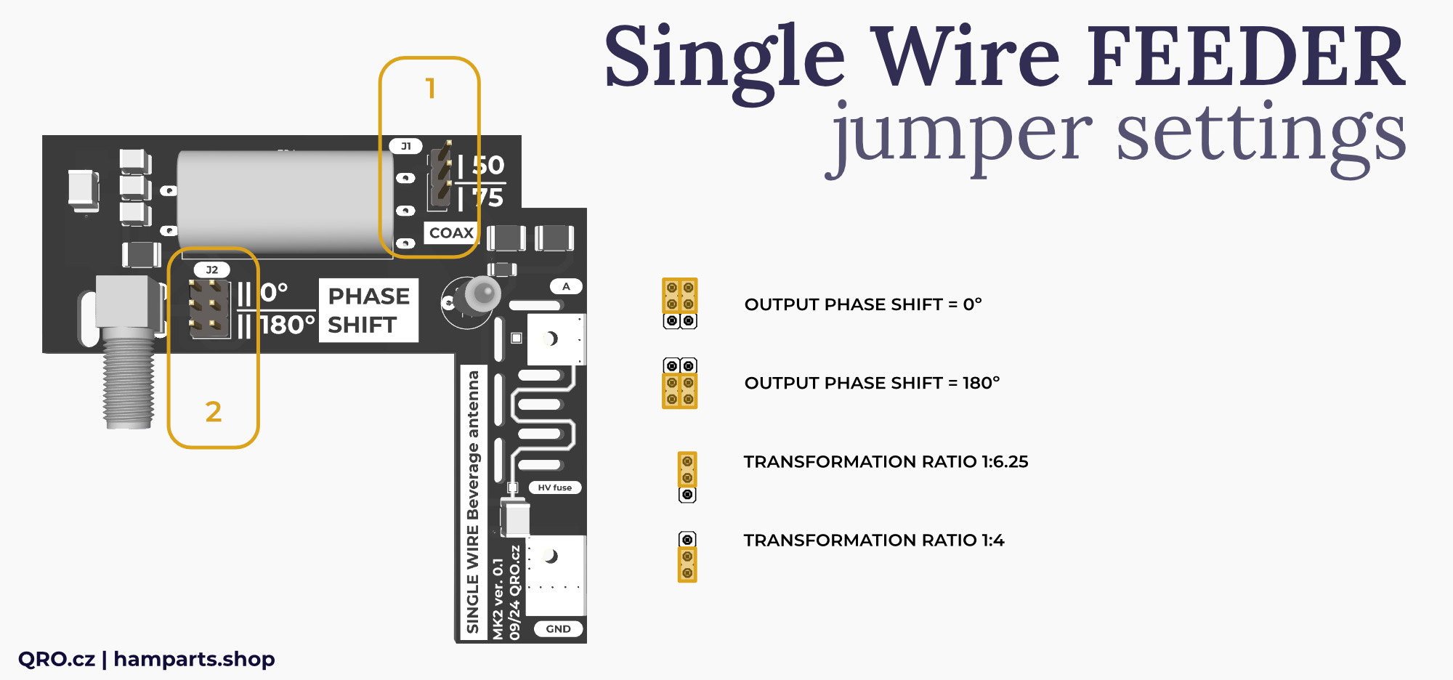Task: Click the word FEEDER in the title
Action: (x=1245, y=58)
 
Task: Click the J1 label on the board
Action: (x=406, y=146)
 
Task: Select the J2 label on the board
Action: (x=212, y=270)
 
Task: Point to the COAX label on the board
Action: (x=451, y=232)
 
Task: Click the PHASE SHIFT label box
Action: (x=368, y=310)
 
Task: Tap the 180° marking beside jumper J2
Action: (x=288, y=325)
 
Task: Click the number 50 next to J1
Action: (x=488, y=166)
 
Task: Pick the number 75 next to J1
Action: (x=488, y=198)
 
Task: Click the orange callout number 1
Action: (x=430, y=89)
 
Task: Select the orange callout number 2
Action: (x=213, y=412)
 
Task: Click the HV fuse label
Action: (x=554, y=487)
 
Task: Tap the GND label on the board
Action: (x=558, y=629)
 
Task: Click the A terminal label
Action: (x=566, y=286)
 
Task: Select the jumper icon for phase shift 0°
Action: (x=679, y=304)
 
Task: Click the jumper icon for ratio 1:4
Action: (x=687, y=556)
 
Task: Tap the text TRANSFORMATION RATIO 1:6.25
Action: (x=886, y=461)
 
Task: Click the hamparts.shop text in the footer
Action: (x=194, y=659)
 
